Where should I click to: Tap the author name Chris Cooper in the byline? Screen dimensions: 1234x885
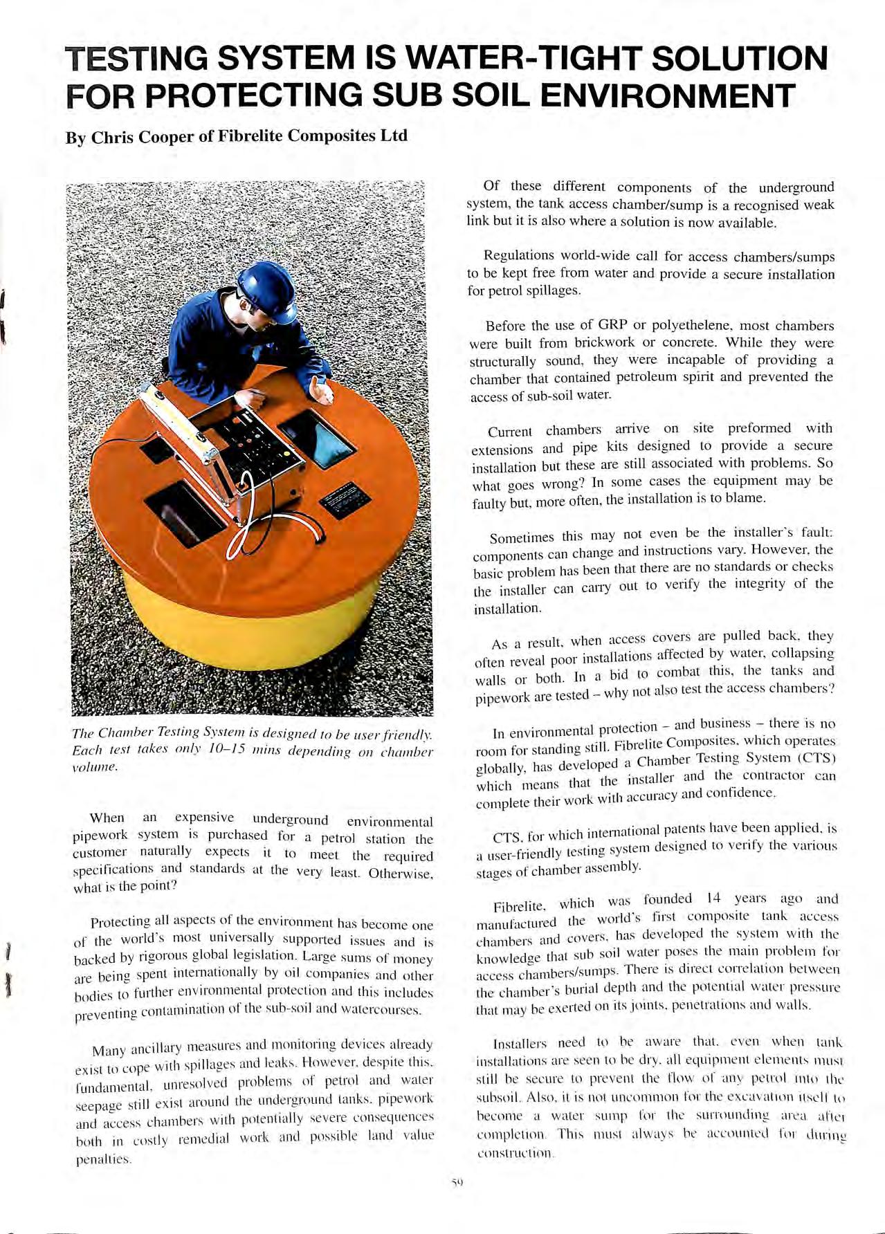[143, 136]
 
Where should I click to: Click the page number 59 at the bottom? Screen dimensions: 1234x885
[456, 1182]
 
